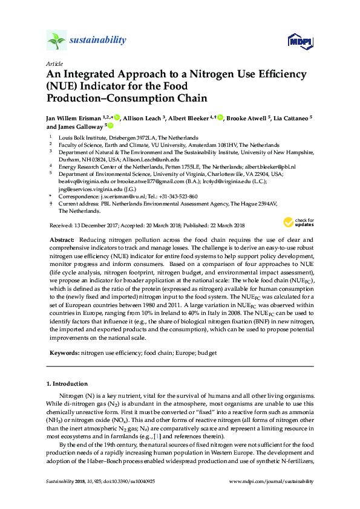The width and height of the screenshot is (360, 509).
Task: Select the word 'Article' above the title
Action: click(54, 63)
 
